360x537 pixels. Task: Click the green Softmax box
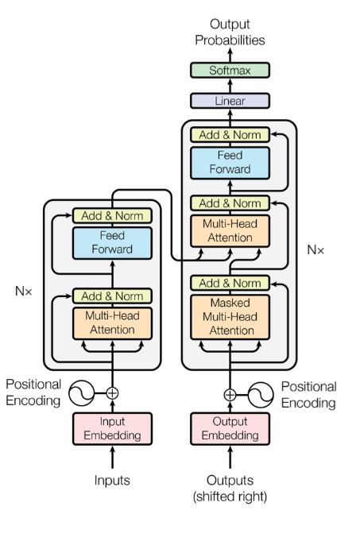tap(230, 70)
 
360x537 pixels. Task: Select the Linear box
tap(230, 101)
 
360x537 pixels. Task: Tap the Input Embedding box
tap(112, 428)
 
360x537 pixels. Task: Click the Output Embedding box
tap(230, 428)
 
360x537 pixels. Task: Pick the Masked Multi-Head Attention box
tap(230, 317)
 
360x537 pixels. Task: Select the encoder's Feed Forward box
tap(112, 242)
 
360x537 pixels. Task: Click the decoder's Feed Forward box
tap(230, 163)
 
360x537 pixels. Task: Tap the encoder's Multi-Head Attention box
tap(112, 323)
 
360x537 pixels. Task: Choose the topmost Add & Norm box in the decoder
tap(230, 135)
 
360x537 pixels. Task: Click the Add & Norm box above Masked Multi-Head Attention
tap(230, 284)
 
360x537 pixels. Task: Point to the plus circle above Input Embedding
tap(112, 392)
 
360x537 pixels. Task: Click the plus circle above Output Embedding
tap(230, 395)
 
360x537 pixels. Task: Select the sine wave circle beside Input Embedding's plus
tap(82, 392)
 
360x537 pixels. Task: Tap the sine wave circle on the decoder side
tap(261, 395)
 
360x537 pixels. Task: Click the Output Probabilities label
tap(230, 33)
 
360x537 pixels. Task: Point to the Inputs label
tap(112, 480)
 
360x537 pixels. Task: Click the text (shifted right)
tap(230, 496)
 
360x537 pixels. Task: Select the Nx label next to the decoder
tap(315, 250)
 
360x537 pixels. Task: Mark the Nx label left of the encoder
tap(24, 291)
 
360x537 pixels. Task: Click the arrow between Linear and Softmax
tap(230, 86)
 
